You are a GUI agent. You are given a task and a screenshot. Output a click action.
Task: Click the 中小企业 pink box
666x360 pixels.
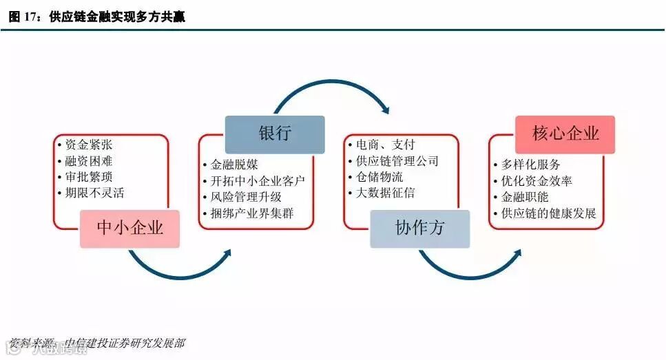tap(129, 228)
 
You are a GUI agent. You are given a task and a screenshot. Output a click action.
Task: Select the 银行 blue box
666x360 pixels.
tap(274, 134)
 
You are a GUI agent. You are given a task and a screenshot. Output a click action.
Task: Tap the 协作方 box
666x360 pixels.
tap(419, 229)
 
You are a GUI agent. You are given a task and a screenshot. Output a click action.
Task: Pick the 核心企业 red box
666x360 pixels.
tap(565, 134)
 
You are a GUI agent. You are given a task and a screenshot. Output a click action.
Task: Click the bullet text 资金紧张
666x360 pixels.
tap(89, 145)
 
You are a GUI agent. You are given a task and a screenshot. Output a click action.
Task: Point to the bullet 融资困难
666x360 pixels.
tap(89, 161)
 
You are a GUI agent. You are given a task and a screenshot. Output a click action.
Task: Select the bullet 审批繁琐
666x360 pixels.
tap(89, 177)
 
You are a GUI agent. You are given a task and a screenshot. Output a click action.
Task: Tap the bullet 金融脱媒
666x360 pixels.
tap(233, 165)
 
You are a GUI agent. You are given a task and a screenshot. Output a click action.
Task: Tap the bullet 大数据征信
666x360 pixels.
tap(385, 193)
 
